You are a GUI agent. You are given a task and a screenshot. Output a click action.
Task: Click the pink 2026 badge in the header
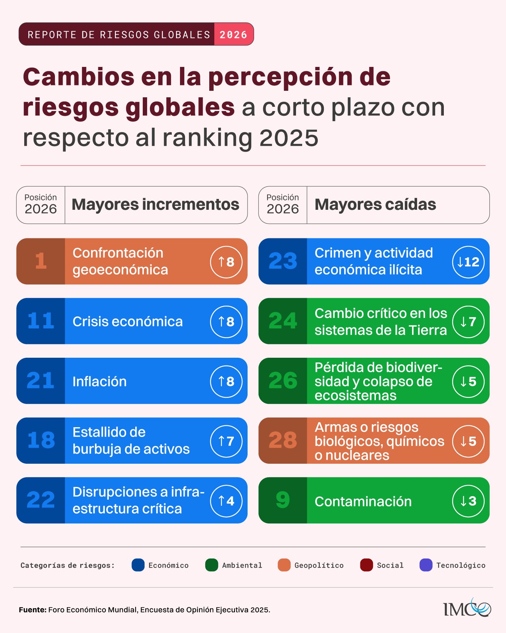click(x=233, y=34)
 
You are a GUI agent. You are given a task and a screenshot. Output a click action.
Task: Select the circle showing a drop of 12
click(x=468, y=262)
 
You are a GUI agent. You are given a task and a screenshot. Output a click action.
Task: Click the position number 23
click(x=283, y=261)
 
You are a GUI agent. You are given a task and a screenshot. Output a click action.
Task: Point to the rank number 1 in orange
click(x=40, y=261)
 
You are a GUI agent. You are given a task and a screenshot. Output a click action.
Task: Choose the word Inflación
click(x=99, y=382)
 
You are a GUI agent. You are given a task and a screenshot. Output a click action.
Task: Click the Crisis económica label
click(x=128, y=322)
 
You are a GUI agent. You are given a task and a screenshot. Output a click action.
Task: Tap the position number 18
click(x=41, y=441)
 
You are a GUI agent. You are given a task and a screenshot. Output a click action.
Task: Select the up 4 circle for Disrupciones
click(x=226, y=501)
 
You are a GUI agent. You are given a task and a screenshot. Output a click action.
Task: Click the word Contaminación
click(x=363, y=501)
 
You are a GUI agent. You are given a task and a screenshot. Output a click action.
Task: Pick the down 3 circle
click(x=468, y=501)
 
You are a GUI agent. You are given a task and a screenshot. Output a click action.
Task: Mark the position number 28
click(x=283, y=441)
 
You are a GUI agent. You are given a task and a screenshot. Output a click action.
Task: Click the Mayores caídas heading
click(x=375, y=205)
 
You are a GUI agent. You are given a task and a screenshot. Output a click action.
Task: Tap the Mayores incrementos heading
click(x=155, y=205)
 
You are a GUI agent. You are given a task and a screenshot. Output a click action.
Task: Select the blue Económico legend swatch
click(x=138, y=565)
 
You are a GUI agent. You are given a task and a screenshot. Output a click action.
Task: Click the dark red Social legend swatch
click(x=366, y=565)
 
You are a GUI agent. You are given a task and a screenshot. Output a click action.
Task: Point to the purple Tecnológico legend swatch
click(x=426, y=565)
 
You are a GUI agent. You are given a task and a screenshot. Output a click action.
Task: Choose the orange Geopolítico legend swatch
click(x=284, y=565)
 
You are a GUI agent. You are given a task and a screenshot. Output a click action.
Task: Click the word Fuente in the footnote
click(x=33, y=610)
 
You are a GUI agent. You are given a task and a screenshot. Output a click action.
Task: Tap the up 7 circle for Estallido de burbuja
click(x=226, y=441)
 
